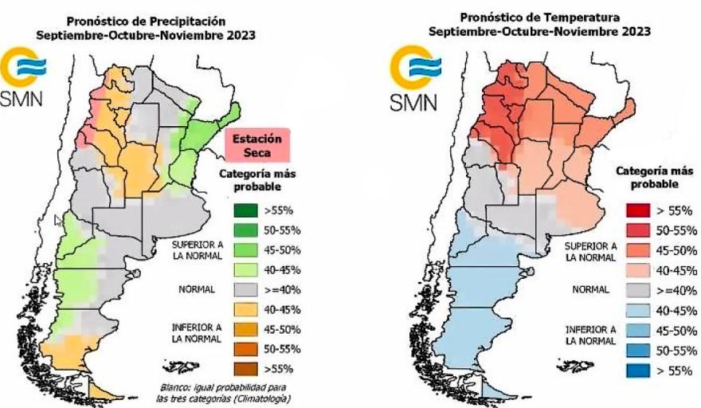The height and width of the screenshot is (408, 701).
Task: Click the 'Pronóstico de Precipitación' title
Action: coord(146,20)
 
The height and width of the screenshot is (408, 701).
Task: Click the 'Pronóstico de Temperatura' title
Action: coord(538,16)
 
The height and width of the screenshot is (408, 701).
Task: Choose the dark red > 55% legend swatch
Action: coord(640,211)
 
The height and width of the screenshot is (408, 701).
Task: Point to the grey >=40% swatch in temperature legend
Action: coord(640,289)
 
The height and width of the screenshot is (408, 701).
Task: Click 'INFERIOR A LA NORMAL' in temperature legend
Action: coord(591,334)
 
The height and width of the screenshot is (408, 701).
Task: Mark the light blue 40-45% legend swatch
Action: coord(640,309)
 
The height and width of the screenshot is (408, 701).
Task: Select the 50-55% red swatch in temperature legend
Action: coord(640,230)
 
